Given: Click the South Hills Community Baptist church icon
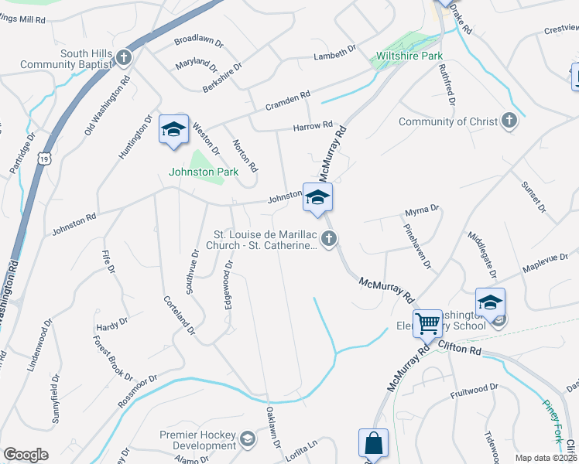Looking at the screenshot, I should pyautogui.click(x=123, y=58).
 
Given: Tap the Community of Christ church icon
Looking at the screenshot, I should pyautogui.click(x=509, y=121).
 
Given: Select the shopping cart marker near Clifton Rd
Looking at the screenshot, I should pyautogui.click(x=427, y=324).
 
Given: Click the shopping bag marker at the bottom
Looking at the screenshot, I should pyautogui.click(x=373, y=444).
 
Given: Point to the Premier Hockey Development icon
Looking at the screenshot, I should pyautogui.click(x=247, y=440).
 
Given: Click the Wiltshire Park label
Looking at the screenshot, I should pyautogui.click(x=406, y=56).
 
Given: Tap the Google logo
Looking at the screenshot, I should pyautogui.click(x=26, y=455).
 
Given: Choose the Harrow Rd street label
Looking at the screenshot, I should pyautogui.click(x=313, y=126).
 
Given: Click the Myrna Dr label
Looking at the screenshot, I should pyautogui.click(x=423, y=210).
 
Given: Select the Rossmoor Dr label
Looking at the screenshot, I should pyautogui.click(x=138, y=393).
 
